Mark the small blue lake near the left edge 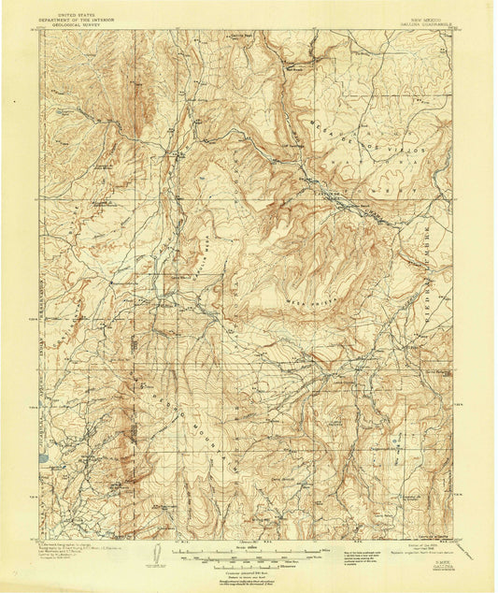[43, 459]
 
